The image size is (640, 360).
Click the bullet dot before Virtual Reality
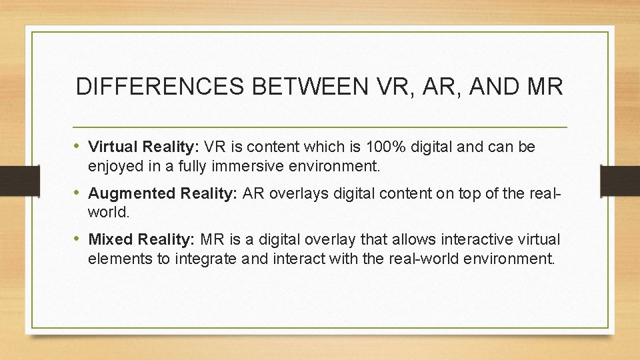[x=79, y=147]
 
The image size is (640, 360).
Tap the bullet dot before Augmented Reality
[x=79, y=193]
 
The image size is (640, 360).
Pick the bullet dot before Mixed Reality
[x=79, y=239]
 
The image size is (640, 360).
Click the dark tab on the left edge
[x=13, y=180]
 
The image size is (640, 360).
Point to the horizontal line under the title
[x=320, y=127]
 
